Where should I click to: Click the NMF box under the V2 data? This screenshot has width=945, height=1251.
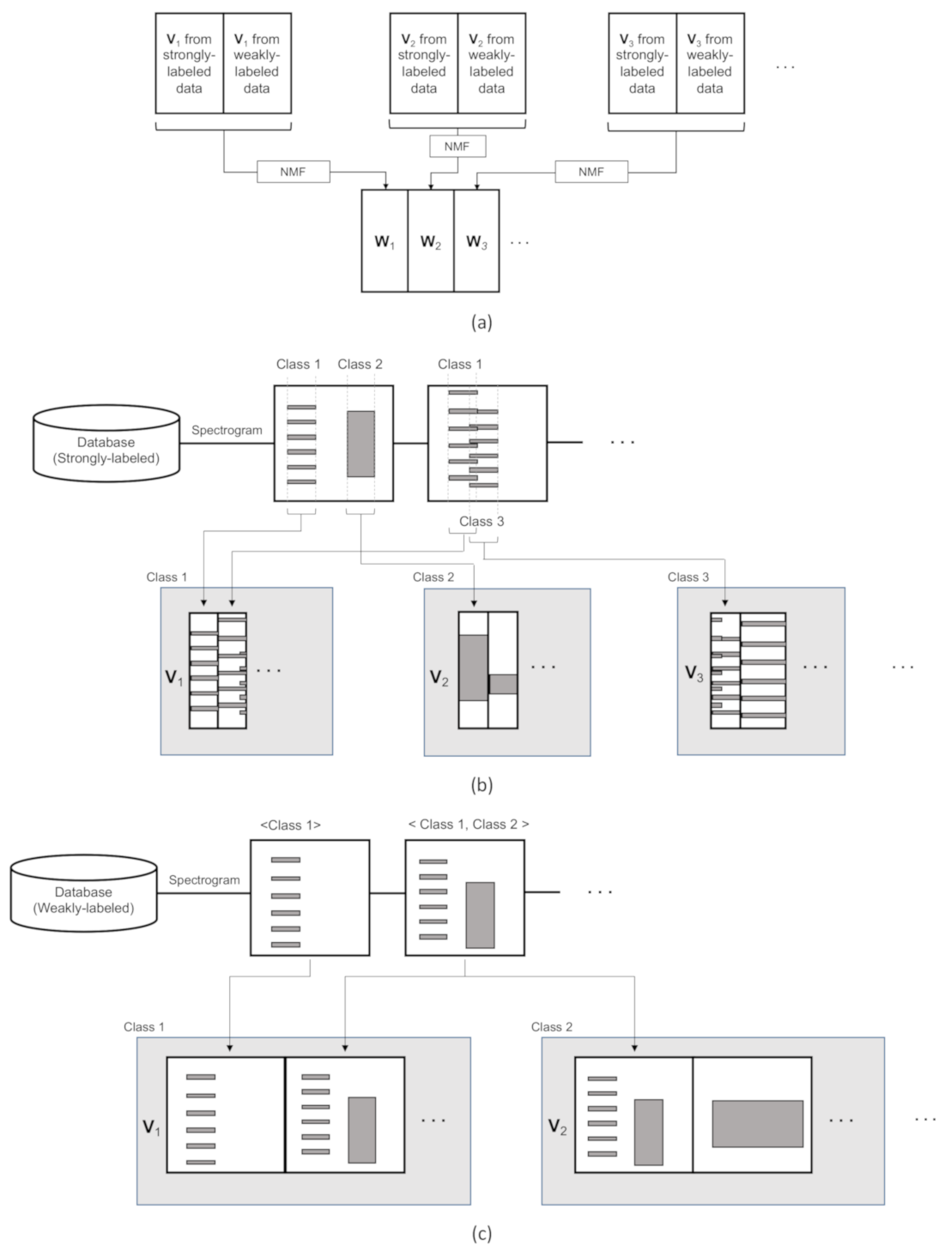pyautogui.click(x=457, y=147)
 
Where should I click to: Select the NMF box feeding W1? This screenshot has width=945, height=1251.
pyautogui.click(x=293, y=172)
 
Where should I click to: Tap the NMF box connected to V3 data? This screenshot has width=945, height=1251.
pyautogui.click(x=591, y=172)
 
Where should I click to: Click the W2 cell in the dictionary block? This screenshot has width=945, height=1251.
pyautogui.click(x=431, y=241)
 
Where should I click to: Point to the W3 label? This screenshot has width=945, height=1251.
pyautogui.click(x=476, y=242)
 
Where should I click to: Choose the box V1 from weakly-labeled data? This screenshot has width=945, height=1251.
pyautogui.click(x=257, y=63)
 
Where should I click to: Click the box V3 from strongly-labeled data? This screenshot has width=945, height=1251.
pyautogui.click(x=642, y=63)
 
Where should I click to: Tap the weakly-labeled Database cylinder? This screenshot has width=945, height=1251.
pyautogui.click(x=83, y=896)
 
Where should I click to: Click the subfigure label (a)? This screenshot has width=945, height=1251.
pyautogui.click(x=482, y=322)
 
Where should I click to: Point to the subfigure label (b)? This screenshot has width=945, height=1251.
pyautogui.click(x=482, y=783)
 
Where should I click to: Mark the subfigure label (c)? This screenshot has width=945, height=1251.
pyautogui.click(x=482, y=1233)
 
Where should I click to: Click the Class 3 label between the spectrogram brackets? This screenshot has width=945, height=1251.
pyautogui.click(x=482, y=521)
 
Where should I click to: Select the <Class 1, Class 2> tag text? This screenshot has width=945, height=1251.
pyautogui.click(x=468, y=824)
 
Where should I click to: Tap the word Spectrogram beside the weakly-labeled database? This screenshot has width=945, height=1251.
pyautogui.click(x=204, y=879)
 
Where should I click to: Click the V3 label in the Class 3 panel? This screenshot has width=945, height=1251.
pyautogui.click(x=694, y=674)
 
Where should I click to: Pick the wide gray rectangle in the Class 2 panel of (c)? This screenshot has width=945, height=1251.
pyautogui.click(x=757, y=1123)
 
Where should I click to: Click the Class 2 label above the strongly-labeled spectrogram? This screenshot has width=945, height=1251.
pyautogui.click(x=360, y=364)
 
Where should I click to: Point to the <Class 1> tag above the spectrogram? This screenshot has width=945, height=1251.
pyautogui.click(x=290, y=825)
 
